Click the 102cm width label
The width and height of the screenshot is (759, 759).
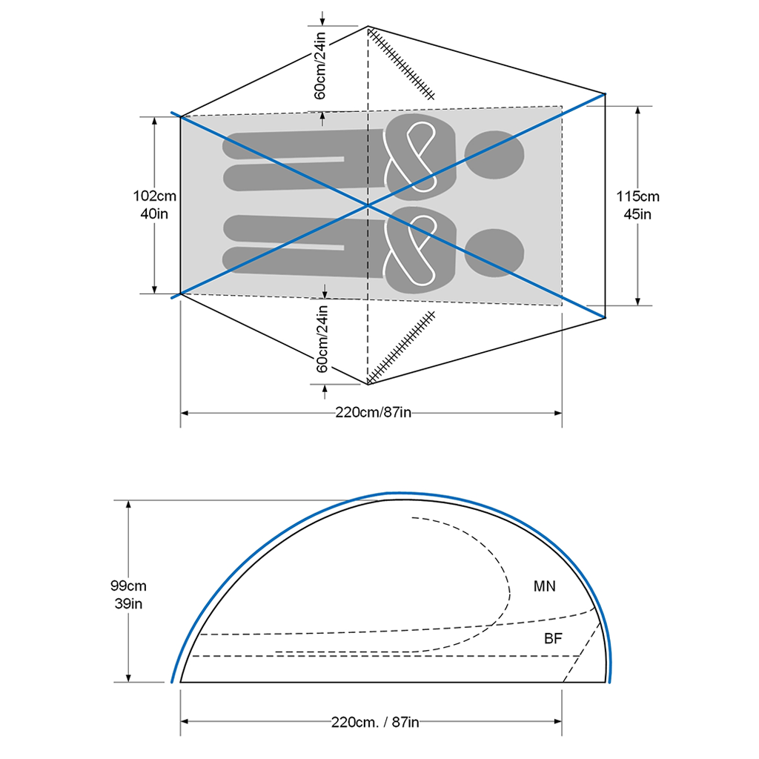154,196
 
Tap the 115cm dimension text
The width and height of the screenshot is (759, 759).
637,196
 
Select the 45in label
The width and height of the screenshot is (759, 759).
637,214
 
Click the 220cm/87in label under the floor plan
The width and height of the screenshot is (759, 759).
374,412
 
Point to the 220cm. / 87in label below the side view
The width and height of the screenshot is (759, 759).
375,722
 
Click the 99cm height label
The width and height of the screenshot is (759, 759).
128,586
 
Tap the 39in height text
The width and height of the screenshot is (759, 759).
128,603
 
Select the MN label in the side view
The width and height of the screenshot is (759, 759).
545,586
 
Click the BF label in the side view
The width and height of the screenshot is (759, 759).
553,638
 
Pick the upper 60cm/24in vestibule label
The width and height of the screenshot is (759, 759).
320,66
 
